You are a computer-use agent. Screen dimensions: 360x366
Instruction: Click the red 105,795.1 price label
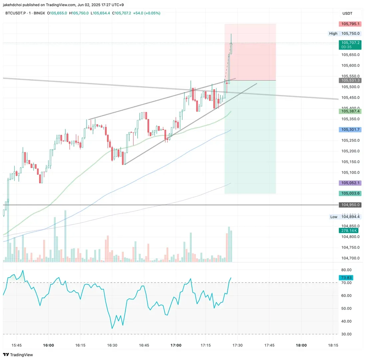(x=350, y=24)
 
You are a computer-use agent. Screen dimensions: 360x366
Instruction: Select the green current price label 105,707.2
(x=350, y=43)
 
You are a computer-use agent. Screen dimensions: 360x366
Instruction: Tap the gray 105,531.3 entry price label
(x=350, y=80)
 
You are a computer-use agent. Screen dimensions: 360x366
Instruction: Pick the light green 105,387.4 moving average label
(x=350, y=111)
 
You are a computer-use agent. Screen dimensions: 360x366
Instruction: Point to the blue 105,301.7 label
(x=350, y=129)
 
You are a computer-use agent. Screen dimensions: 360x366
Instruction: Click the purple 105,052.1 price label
(x=350, y=183)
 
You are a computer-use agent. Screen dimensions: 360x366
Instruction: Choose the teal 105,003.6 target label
(x=350, y=194)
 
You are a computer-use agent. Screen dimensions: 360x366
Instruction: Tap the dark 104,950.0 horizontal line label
(x=350, y=205)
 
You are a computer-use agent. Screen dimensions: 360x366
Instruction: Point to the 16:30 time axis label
(x=112, y=345)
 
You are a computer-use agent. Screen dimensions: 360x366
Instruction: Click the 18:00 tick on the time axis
(x=301, y=345)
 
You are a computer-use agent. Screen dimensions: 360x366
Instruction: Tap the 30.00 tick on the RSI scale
(x=346, y=334)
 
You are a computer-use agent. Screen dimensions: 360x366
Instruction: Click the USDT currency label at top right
(x=347, y=13)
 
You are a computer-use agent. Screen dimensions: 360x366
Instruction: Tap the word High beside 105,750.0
(x=333, y=33)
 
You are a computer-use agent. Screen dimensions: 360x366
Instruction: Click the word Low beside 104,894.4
(x=334, y=217)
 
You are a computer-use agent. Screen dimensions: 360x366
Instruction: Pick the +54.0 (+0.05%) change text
(x=147, y=13)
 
